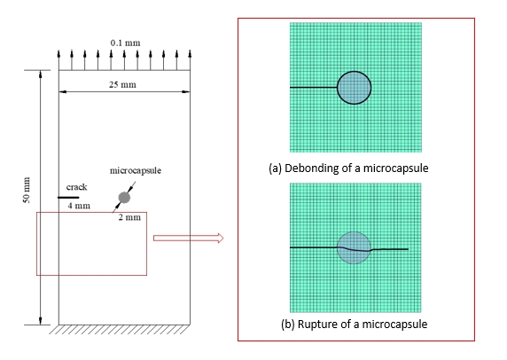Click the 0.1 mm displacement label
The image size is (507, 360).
point(126,43)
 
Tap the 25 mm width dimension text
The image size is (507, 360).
point(122,85)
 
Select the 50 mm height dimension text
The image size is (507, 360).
point(27,190)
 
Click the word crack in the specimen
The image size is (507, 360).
point(76,187)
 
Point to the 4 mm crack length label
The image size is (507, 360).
point(79,206)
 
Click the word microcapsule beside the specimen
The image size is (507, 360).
point(136,170)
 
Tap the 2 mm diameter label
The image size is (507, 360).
point(129,217)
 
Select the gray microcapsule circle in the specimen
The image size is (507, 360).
point(124,198)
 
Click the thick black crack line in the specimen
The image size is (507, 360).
point(68,198)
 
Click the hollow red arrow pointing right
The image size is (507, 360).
point(188,238)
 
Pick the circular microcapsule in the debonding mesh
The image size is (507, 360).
point(354,88)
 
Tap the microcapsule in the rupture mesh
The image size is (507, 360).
point(354,247)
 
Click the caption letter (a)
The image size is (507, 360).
point(275,168)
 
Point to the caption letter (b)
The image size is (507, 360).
point(288,325)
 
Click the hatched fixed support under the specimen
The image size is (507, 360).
point(120,329)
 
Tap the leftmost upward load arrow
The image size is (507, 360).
point(58,59)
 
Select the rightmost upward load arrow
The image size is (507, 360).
point(190,59)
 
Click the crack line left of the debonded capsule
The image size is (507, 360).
point(313,87)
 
